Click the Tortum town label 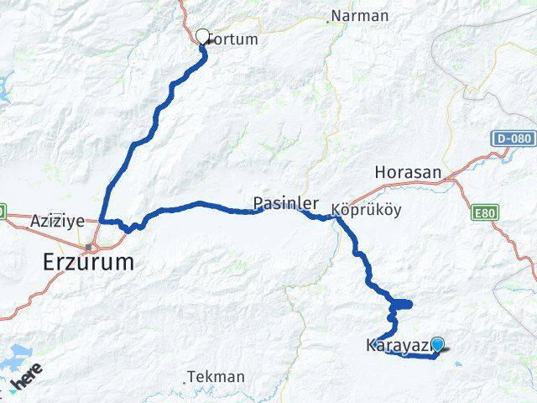click(x=235, y=39)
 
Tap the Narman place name click(x=361, y=16)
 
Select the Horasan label click(x=408, y=172)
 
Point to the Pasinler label click(x=286, y=203)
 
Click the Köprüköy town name click(x=362, y=210)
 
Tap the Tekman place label click(x=217, y=377)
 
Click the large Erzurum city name click(x=88, y=262)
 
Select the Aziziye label click(x=57, y=222)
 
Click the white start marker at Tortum click(x=202, y=36)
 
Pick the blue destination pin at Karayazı click(x=436, y=343)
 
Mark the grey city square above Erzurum click(x=88, y=246)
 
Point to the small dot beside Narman click(x=331, y=16)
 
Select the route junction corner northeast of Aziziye click(x=102, y=221)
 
